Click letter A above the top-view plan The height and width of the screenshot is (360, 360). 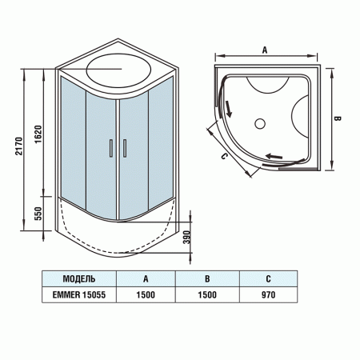(263, 50)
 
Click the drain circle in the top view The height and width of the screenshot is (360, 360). (259, 123)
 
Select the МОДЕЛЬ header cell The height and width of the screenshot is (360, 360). (79, 279)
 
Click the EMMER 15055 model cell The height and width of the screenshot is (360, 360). (79, 294)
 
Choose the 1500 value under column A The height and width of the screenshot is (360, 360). (145, 294)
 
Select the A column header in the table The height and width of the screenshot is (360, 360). (145, 279)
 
